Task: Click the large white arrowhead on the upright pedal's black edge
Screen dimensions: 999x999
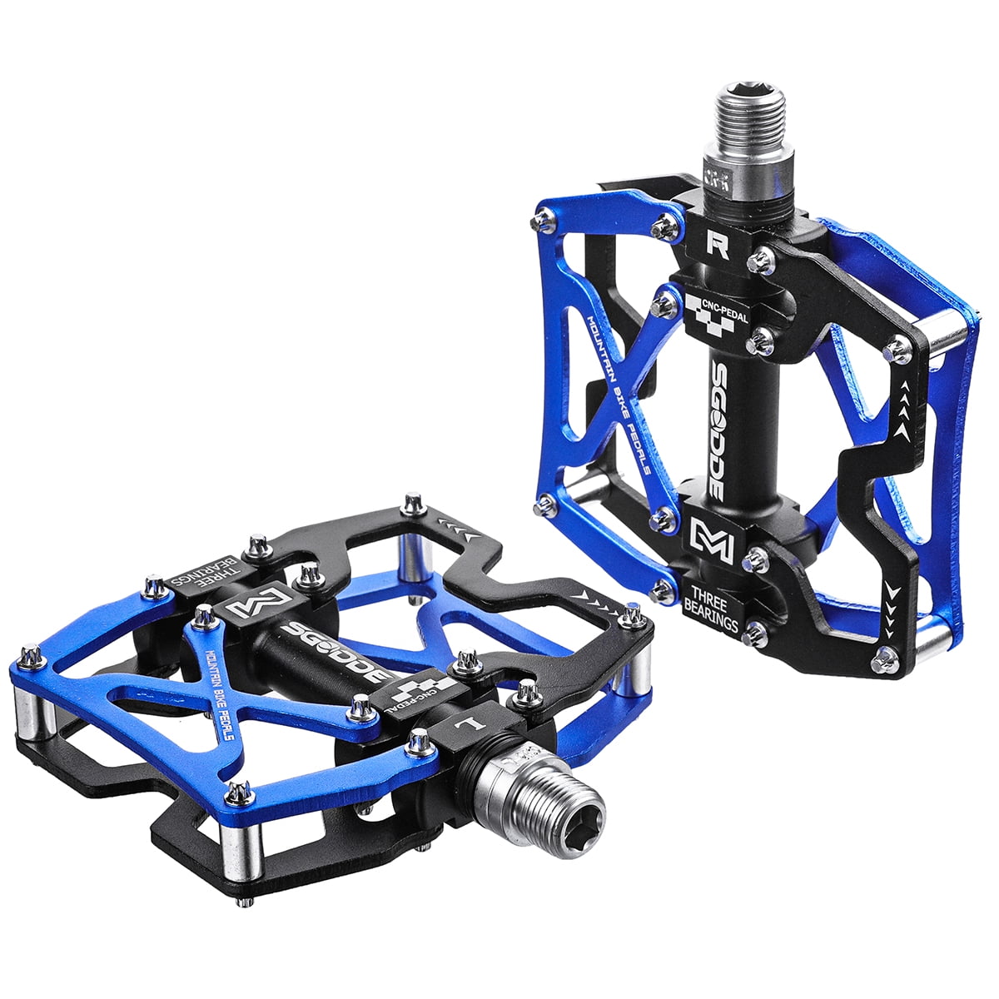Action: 897,592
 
